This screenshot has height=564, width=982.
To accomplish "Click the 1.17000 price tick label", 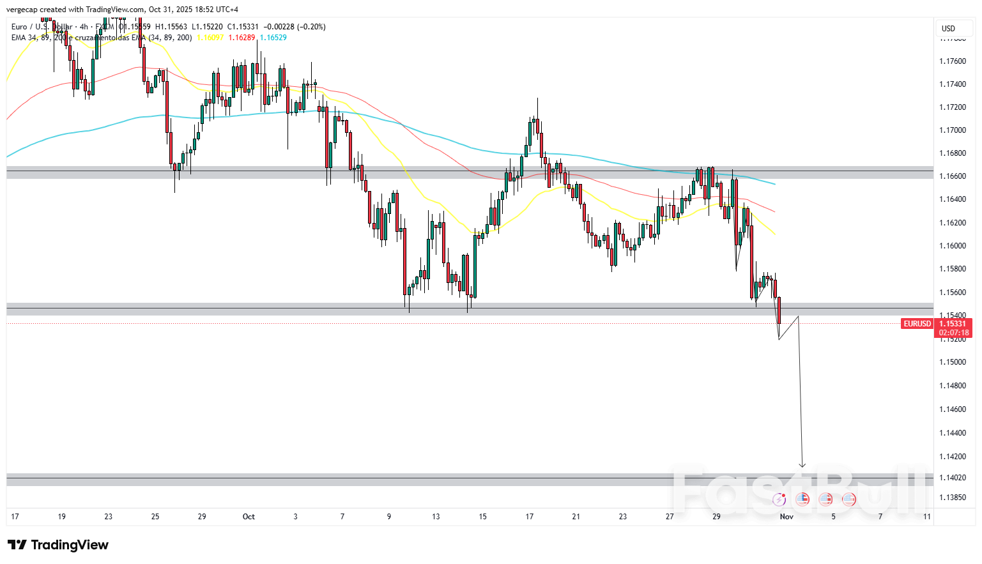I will [952, 130].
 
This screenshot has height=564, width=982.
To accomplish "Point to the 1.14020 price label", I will [952, 478].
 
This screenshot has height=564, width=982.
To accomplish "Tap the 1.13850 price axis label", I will [952, 498].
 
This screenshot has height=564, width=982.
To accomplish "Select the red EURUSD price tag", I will [917, 324].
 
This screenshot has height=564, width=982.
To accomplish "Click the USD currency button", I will [948, 28].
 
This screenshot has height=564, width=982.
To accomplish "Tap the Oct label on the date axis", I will [249, 517].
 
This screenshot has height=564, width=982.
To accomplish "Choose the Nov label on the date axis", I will [786, 517].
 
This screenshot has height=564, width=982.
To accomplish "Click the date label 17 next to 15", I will [529, 517].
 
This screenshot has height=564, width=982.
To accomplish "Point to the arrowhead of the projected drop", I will [802, 465].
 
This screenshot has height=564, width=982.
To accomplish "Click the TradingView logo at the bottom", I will [58, 545].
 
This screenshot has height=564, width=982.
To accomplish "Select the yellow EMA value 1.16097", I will [210, 38].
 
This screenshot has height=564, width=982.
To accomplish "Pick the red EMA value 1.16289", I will [242, 38].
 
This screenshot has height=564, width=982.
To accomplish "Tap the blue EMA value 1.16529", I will [273, 38].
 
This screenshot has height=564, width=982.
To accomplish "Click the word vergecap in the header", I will [22, 10].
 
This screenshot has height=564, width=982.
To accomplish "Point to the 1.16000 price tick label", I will [952, 246].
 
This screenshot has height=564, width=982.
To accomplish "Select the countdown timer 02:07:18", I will [954, 333].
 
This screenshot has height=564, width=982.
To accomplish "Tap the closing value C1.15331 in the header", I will [243, 27].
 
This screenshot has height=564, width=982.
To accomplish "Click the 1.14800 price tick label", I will [952, 386].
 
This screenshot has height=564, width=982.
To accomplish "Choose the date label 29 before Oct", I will [202, 517].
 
